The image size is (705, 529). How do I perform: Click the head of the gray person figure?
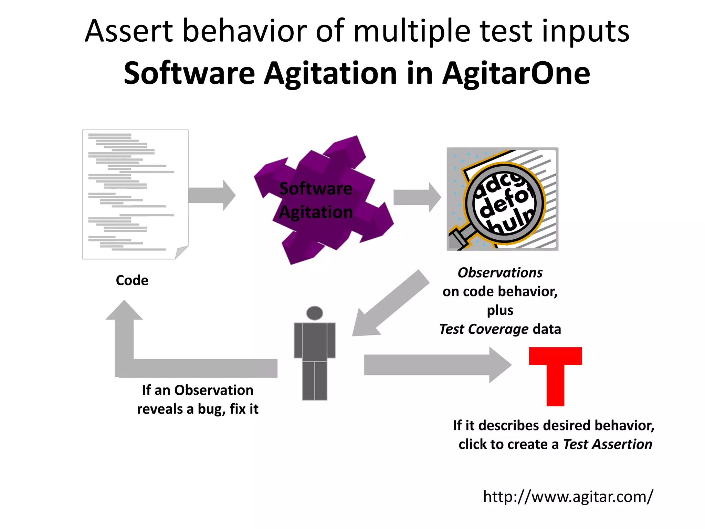[x=314, y=313]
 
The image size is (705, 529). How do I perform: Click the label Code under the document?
[x=132, y=280]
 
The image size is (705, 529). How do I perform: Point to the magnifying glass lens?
[x=504, y=203]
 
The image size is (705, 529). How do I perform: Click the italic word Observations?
[x=500, y=272]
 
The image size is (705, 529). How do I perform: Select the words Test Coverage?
[x=484, y=329]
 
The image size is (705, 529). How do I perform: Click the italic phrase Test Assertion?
[x=608, y=444]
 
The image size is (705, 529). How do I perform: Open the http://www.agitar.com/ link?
[x=568, y=497]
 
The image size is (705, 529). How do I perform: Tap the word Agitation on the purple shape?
[x=316, y=212]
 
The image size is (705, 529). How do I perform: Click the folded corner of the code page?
[x=182, y=252]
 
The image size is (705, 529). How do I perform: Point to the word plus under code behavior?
[x=500, y=310]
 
